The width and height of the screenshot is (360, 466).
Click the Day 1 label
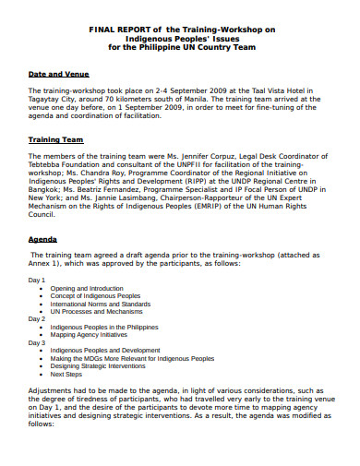tap(37, 280)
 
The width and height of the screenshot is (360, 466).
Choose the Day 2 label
tap(37, 317)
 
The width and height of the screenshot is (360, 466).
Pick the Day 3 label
tap(37, 341)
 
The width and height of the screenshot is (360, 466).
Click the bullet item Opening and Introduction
tap(87, 288)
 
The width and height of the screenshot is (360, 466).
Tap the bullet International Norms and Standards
tap(100, 303)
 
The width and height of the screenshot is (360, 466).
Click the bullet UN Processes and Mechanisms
tap(95, 310)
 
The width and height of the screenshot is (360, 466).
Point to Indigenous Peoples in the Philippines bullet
tap(105, 327)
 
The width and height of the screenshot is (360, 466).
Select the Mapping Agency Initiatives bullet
tap(90, 334)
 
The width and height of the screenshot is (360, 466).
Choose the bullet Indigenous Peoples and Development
tap(103, 351)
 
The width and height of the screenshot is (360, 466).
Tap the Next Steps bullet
tap(66, 374)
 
